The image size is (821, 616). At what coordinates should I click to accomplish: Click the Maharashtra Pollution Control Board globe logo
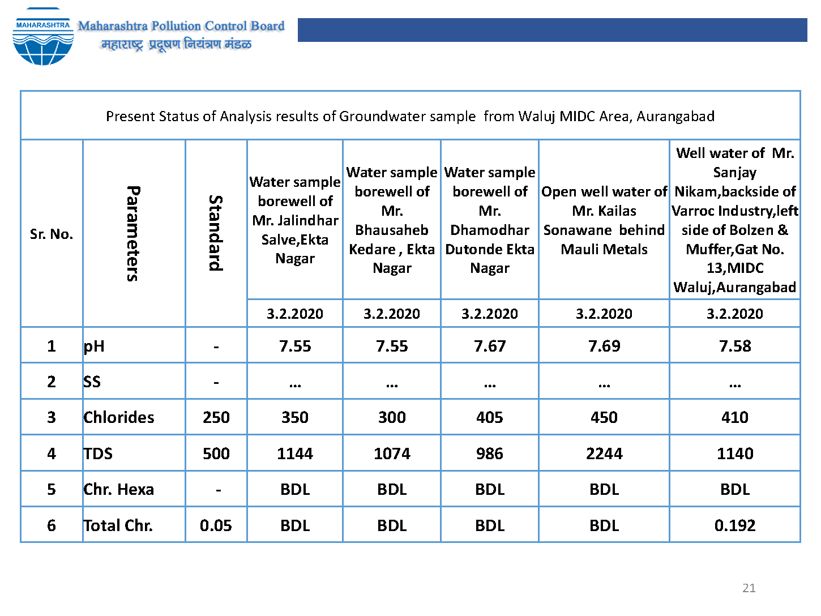(43, 37)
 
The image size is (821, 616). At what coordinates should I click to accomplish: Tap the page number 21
(749, 588)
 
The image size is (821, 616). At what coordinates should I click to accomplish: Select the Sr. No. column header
(52, 234)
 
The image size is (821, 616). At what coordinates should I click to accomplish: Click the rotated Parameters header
(134, 233)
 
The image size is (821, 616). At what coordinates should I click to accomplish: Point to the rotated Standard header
(216, 233)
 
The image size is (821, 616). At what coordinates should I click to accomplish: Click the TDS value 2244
(604, 454)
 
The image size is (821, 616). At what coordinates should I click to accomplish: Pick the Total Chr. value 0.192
(734, 525)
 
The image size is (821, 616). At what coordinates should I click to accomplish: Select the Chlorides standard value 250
(216, 417)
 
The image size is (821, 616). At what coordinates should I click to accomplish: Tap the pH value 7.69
(604, 346)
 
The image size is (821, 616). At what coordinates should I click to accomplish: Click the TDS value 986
(490, 454)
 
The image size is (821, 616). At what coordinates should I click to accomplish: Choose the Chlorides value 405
(490, 417)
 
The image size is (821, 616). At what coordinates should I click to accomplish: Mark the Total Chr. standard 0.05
(216, 525)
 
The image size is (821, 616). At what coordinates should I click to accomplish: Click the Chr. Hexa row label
(118, 489)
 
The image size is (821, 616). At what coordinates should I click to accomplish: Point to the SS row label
(92, 382)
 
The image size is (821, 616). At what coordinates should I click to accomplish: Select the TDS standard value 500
(216, 454)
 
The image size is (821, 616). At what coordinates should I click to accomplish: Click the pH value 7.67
(490, 346)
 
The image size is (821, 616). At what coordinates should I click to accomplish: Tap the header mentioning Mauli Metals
(604, 220)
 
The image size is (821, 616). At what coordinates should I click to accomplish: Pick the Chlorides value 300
(392, 417)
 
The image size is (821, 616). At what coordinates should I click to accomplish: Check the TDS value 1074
(392, 454)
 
